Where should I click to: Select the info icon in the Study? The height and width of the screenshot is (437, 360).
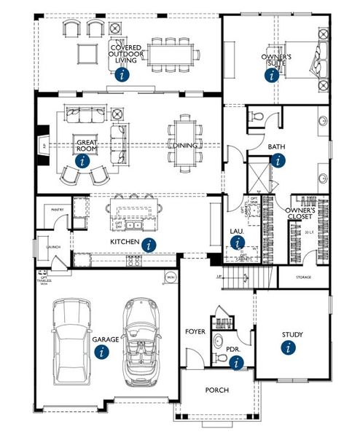291,348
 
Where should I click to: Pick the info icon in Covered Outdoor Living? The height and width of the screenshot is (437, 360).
123,73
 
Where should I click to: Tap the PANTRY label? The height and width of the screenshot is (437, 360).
58,209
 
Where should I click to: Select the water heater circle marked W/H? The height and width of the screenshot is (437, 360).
171,277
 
